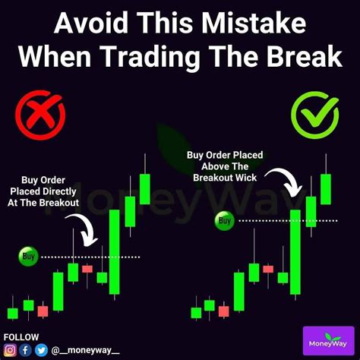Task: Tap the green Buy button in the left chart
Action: pos(29,257)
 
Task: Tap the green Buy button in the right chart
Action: pos(224,221)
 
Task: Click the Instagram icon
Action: pos(10,350)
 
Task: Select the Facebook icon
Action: pos(25,350)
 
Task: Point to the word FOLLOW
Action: pos(21,336)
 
